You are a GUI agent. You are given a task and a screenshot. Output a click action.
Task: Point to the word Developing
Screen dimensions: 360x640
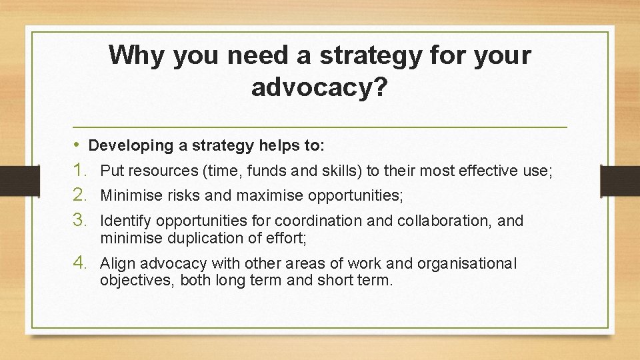click(120, 145)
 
